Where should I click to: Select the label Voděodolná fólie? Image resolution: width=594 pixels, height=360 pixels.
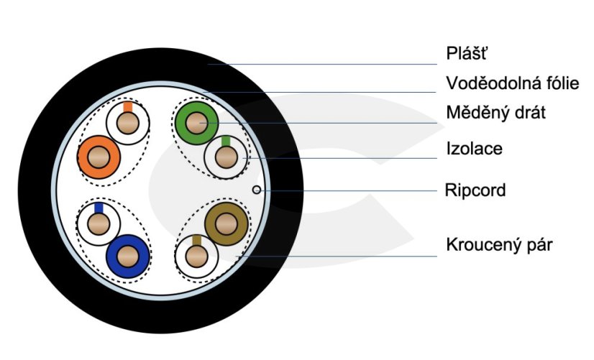pos(512,83)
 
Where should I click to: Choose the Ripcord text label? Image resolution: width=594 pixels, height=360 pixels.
pos(475,190)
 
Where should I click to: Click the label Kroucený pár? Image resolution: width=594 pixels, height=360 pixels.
pos(499,244)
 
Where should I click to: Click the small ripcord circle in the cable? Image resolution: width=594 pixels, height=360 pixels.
pos(257,190)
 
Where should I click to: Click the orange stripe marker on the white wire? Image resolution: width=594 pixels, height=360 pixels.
pos(127,107)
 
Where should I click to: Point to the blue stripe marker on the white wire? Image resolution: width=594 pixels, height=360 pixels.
pos(98,207)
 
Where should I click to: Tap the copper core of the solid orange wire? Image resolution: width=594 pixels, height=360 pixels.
pos(99,157)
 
